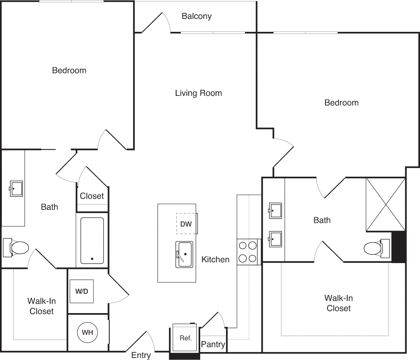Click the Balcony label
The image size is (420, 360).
196,16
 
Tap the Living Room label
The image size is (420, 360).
198,93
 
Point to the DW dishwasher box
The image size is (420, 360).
187,224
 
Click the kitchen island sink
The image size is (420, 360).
184,254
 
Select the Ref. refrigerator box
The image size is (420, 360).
185,338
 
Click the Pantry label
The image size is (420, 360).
213,344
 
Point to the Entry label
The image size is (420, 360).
141,355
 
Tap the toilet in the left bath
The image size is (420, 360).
16,248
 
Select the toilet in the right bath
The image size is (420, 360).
377,248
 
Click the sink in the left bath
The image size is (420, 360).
16,189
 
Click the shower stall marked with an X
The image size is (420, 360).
385,205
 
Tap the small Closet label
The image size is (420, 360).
92,196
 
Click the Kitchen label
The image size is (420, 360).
215,260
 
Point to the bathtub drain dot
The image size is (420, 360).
92,259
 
